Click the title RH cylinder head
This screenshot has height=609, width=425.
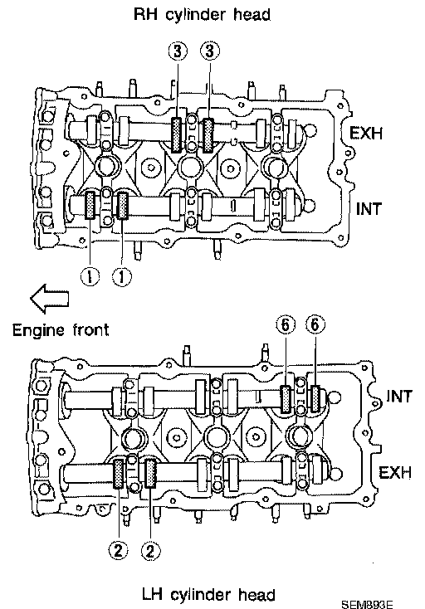click(202, 15)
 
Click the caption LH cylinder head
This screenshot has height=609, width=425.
click(208, 594)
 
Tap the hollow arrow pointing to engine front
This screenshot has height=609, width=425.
click(49, 299)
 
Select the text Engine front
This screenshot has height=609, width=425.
click(61, 330)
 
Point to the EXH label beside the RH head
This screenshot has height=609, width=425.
click(366, 134)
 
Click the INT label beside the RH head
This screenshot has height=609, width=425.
click(369, 209)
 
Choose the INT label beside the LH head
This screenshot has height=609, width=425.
click(398, 397)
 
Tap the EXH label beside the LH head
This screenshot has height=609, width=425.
click(394, 473)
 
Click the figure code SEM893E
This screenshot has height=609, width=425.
click(367, 604)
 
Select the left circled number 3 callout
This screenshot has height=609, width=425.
click(178, 51)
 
